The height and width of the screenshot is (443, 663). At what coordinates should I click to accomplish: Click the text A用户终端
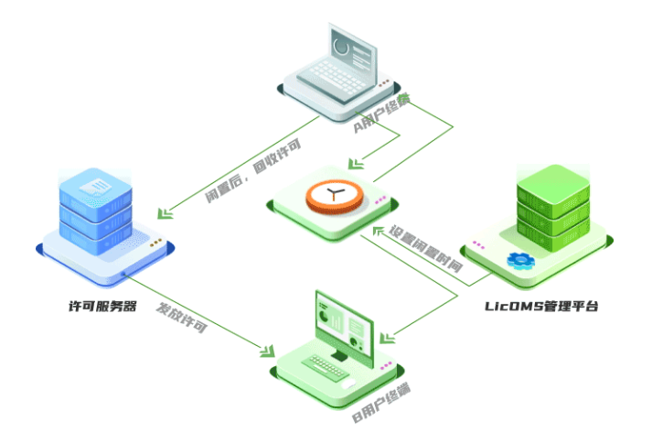click(381, 113)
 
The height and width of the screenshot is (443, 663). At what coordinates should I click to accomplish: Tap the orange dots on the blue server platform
click(157, 243)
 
